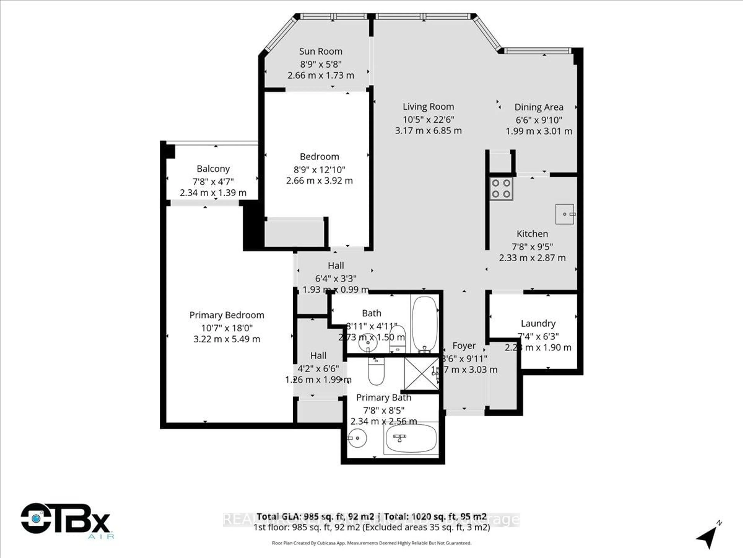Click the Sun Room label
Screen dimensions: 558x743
pos(321,52)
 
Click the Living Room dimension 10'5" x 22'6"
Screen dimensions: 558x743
pos(428,119)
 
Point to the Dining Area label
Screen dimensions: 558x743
pos(539,107)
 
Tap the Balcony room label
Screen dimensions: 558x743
pos(213,169)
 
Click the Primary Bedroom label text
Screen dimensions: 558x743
pos(227,315)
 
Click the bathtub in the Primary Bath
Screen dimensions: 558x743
pos(411,438)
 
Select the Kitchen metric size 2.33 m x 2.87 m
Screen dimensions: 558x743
pos(532,258)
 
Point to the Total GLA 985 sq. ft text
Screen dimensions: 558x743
pos(315,516)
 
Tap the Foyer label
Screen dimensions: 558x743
pos(464,346)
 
